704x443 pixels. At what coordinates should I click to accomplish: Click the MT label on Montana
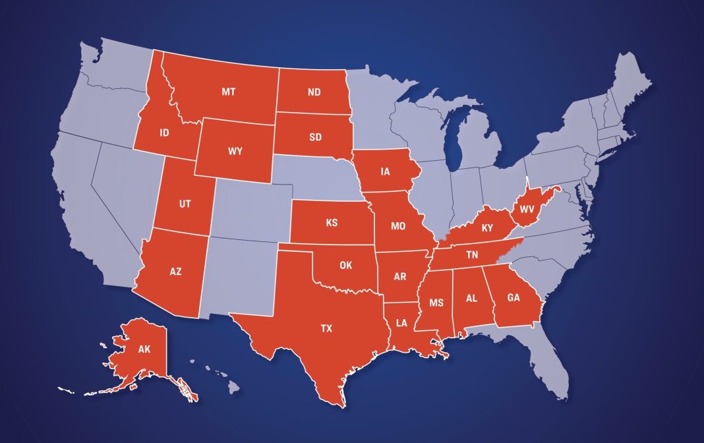228,92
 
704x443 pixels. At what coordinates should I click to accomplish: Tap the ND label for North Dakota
314,92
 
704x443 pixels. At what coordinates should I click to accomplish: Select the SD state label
315,138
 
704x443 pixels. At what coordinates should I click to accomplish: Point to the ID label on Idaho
164,133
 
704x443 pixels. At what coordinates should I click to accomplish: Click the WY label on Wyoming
235,151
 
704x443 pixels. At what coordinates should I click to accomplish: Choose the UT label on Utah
185,204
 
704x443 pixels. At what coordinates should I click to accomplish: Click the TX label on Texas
326,328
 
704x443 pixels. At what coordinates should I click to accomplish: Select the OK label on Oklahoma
346,266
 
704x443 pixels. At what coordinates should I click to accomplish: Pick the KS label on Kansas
332,223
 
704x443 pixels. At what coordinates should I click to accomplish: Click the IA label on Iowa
385,172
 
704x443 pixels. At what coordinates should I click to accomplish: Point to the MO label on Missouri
397,226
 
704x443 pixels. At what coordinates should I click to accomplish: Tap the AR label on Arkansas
399,277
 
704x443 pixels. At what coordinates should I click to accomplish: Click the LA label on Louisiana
401,323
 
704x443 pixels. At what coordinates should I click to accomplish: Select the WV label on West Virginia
527,209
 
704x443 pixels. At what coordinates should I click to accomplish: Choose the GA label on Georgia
513,297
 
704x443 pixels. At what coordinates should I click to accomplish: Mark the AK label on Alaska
144,350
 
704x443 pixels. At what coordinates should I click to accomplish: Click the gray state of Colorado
250,212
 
